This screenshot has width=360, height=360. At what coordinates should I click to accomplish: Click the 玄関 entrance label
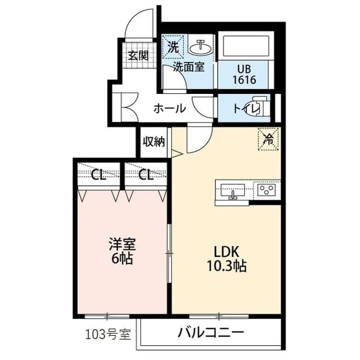(138, 56)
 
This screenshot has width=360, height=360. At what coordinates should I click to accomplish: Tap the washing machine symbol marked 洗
(173, 47)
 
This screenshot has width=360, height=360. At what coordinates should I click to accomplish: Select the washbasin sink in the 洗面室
(200, 47)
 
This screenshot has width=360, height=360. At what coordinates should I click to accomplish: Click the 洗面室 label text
(188, 67)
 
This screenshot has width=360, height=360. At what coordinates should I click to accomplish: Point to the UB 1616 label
(244, 74)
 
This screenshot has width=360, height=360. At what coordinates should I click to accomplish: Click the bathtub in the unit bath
(246, 46)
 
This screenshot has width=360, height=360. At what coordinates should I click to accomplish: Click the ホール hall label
(169, 109)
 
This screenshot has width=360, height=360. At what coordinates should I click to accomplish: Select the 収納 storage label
(154, 142)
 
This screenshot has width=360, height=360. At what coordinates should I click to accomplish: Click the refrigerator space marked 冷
(269, 139)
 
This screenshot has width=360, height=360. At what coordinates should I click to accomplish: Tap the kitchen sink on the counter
(232, 190)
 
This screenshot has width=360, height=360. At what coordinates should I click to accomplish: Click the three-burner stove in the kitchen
(266, 190)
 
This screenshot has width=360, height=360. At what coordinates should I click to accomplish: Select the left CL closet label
(98, 175)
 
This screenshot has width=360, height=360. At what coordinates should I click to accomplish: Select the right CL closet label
(146, 175)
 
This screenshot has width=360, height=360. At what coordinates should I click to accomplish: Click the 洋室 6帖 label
(122, 251)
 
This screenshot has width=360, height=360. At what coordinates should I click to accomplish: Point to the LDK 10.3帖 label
(227, 259)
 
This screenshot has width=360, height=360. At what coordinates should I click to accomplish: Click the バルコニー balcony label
(210, 332)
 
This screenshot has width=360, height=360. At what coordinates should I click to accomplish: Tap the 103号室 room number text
(108, 334)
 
